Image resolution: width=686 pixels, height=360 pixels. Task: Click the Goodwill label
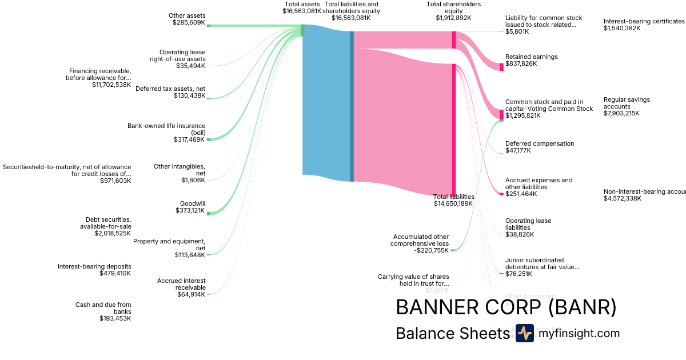pos(192,203)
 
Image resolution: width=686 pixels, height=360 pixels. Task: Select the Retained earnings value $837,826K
pos(521,63)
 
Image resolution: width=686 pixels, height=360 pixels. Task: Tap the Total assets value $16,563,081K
pos(302,11)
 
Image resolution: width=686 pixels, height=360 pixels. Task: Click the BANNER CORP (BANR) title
pos(506,307)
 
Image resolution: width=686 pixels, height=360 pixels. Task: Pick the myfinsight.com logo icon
pos(524,333)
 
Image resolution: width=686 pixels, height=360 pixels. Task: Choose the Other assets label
pos(187,15)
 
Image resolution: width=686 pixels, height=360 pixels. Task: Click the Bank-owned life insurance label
pos(166,129)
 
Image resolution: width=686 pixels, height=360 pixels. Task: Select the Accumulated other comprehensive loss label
pos(420,240)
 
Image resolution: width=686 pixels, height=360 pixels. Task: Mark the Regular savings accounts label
pos(627,103)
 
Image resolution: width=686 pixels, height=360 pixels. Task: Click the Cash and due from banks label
pos(103,308)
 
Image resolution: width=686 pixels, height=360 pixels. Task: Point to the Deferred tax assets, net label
pos(170,89)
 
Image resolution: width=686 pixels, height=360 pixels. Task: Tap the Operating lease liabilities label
pos(528,224)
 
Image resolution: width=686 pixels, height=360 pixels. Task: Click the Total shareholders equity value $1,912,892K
pos(453,18)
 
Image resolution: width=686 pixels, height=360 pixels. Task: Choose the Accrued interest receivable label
pos(181,284)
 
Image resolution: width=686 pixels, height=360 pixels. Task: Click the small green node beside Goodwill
pos(209,213)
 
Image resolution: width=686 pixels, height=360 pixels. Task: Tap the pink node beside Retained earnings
pos(501,67)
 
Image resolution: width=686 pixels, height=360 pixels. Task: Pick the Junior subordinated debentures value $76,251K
pos(519,274)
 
